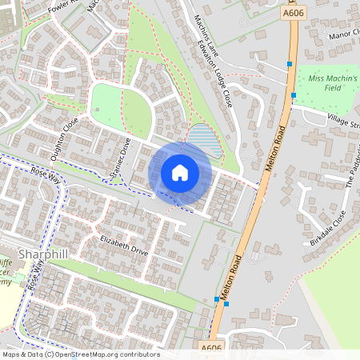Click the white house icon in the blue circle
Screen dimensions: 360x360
pyautogui.click(x=180, y=172)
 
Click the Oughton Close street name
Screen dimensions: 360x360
pyautogui.click(x=65, y=138)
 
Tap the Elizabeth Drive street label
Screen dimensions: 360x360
pyautogui.click(x=125, y=246)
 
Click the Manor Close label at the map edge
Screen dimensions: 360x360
pyautogui.click(x=344, y=37)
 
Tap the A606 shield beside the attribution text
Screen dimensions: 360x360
pyautogui.click(x=212, y=348)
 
